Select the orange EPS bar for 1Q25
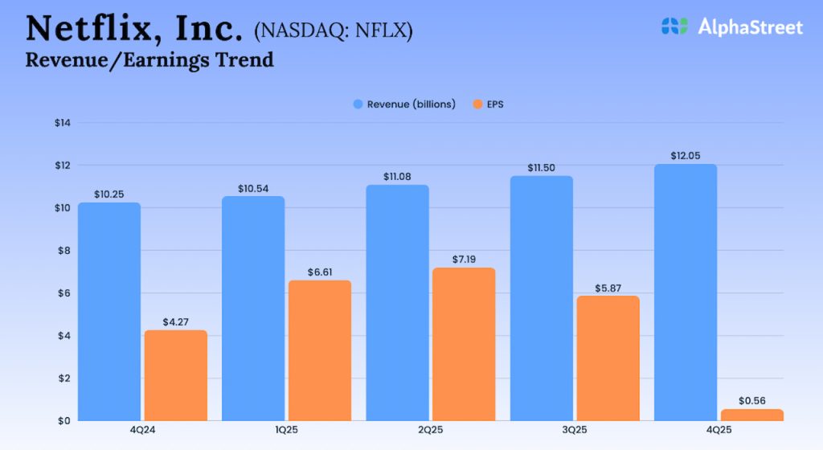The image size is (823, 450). pos(320,350)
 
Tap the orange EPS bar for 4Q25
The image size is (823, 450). pos(751,415)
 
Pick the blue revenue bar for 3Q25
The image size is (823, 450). pos(542,298)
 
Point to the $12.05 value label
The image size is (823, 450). pos(686,156)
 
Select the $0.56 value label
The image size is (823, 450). pos(751,401)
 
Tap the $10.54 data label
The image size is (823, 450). pos(253,188)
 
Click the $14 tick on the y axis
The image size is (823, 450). pos(63,123)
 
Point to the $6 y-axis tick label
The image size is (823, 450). pos(64,293)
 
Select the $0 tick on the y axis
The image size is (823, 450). pos(64,420)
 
